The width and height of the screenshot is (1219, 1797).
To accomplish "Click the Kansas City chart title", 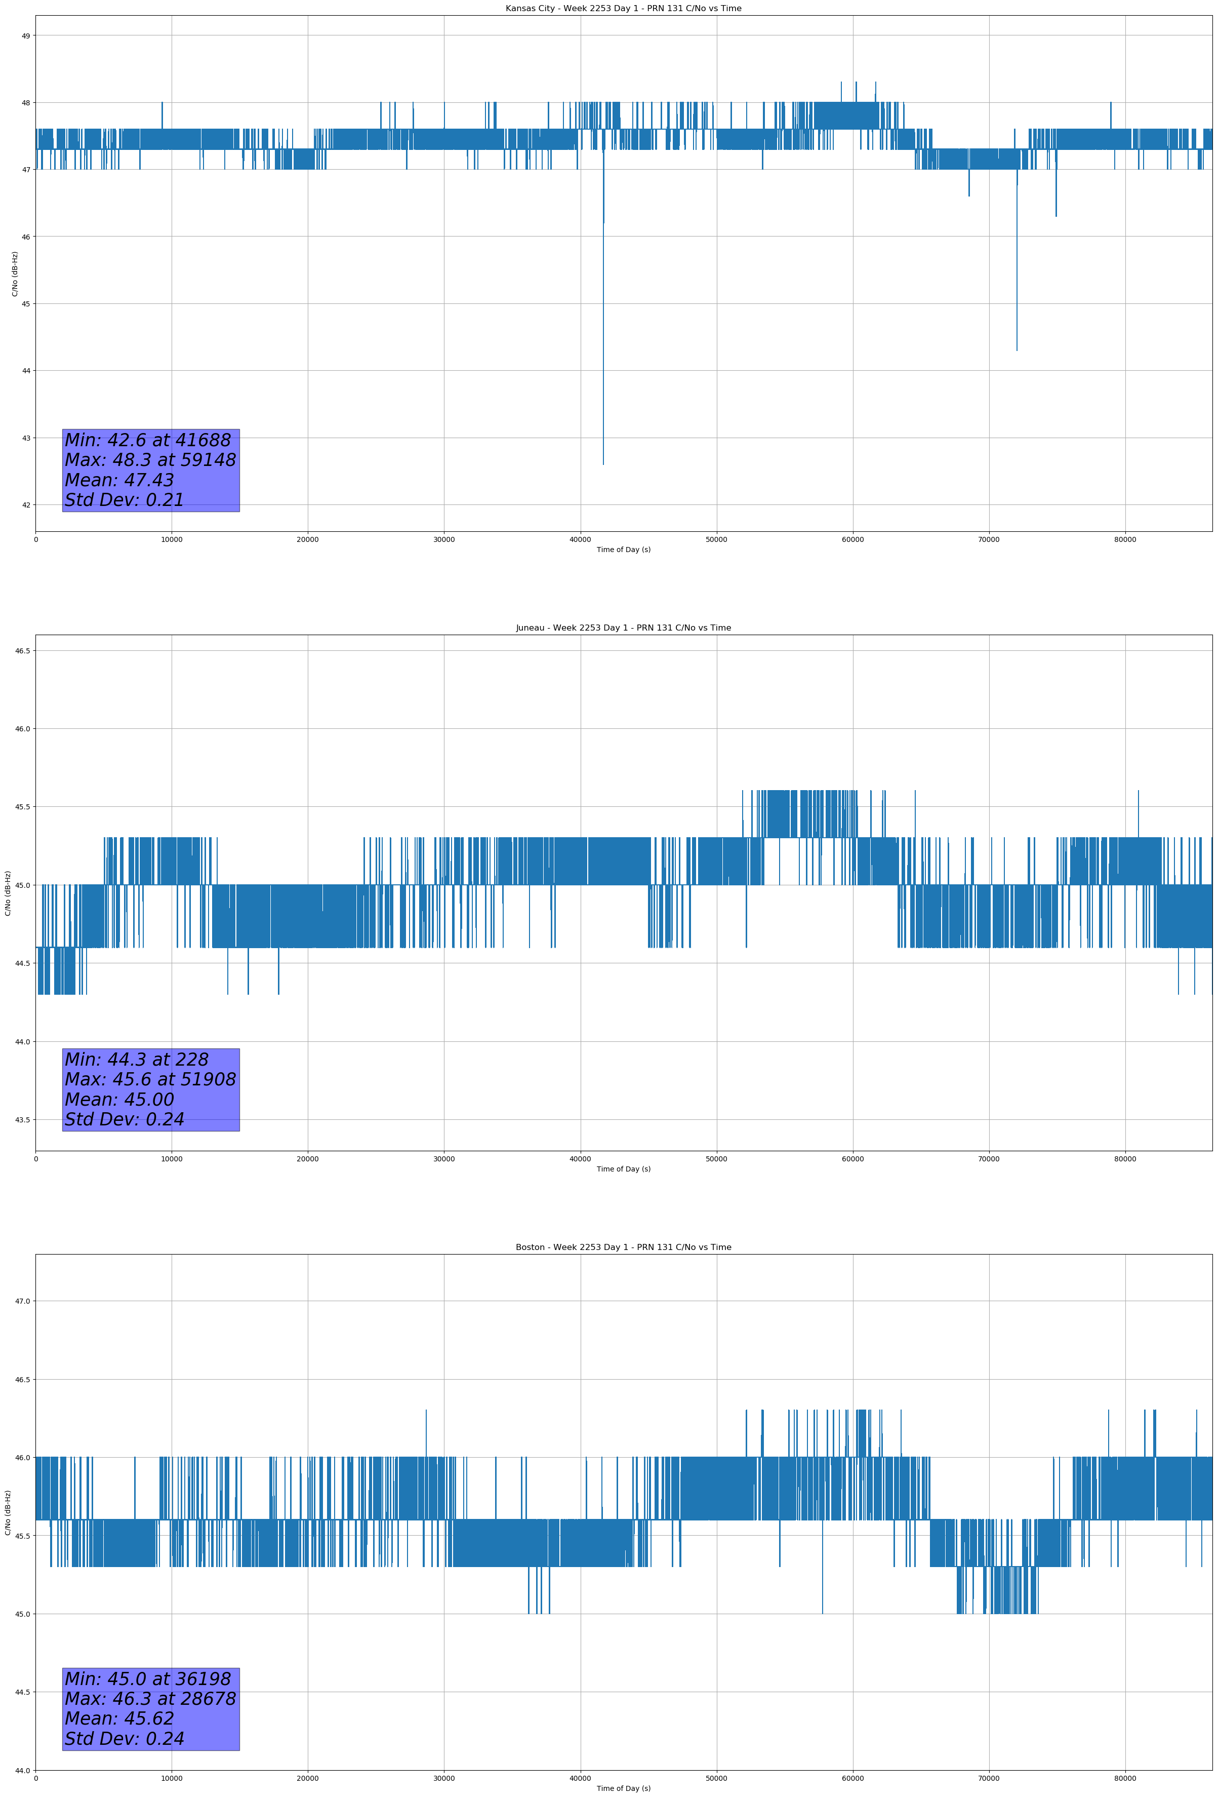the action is (623, 9).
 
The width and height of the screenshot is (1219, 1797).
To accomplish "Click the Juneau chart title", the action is (623, 628).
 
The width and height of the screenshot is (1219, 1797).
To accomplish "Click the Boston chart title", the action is (623, 1247).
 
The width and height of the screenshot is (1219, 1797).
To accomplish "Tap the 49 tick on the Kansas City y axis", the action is (26, 35).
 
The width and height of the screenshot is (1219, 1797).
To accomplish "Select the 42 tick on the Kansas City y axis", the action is (26, 505).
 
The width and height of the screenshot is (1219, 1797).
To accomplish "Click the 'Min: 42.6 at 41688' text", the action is (148, 440).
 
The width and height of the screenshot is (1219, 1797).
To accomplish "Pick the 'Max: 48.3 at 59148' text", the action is (150, 460).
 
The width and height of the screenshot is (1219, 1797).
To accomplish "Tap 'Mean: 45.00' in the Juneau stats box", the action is (119, 1100).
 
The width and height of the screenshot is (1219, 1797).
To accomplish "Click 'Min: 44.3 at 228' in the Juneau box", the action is (136, 1060).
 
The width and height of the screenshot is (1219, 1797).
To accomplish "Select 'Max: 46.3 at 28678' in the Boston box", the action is (150, 1699).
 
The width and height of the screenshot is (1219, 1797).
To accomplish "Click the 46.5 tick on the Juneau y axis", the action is (22, 650).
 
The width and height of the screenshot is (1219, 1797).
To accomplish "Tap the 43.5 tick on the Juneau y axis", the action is (22, 1120).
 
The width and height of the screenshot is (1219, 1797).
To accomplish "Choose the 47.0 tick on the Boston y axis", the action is (22, 1301).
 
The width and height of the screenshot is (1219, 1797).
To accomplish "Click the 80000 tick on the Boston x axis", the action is (1125, 1778).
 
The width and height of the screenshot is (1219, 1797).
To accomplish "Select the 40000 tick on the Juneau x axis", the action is (581, 1159).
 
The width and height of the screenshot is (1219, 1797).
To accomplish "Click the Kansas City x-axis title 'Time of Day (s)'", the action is (623, 550).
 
